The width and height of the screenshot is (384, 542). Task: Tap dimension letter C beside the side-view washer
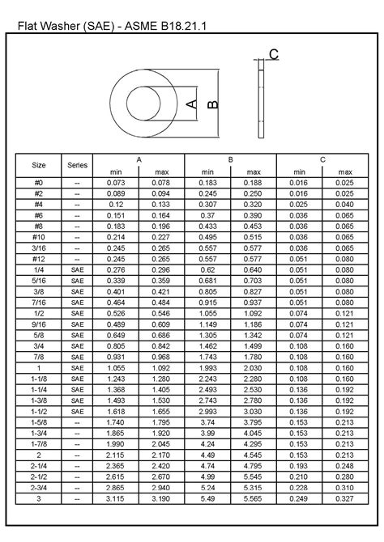pos(274,54)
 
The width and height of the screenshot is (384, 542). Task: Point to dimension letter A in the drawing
pos(192,104)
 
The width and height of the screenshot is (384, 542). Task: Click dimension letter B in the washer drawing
pos(212,104)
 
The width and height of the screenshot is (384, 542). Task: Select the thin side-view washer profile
pos(261,103)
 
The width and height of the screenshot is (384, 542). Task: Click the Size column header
pos(39,165)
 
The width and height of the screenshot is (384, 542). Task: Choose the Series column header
pos(77,165)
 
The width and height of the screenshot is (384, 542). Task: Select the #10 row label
pos(39,236)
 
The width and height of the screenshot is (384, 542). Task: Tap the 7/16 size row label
pos(39,300)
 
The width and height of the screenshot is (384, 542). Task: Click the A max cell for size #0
pos(161,184)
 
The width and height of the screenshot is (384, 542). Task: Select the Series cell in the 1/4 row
pos(77,269)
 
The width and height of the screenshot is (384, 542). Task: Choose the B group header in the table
pos(231,159)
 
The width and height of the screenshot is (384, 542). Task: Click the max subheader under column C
pos(345,171)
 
